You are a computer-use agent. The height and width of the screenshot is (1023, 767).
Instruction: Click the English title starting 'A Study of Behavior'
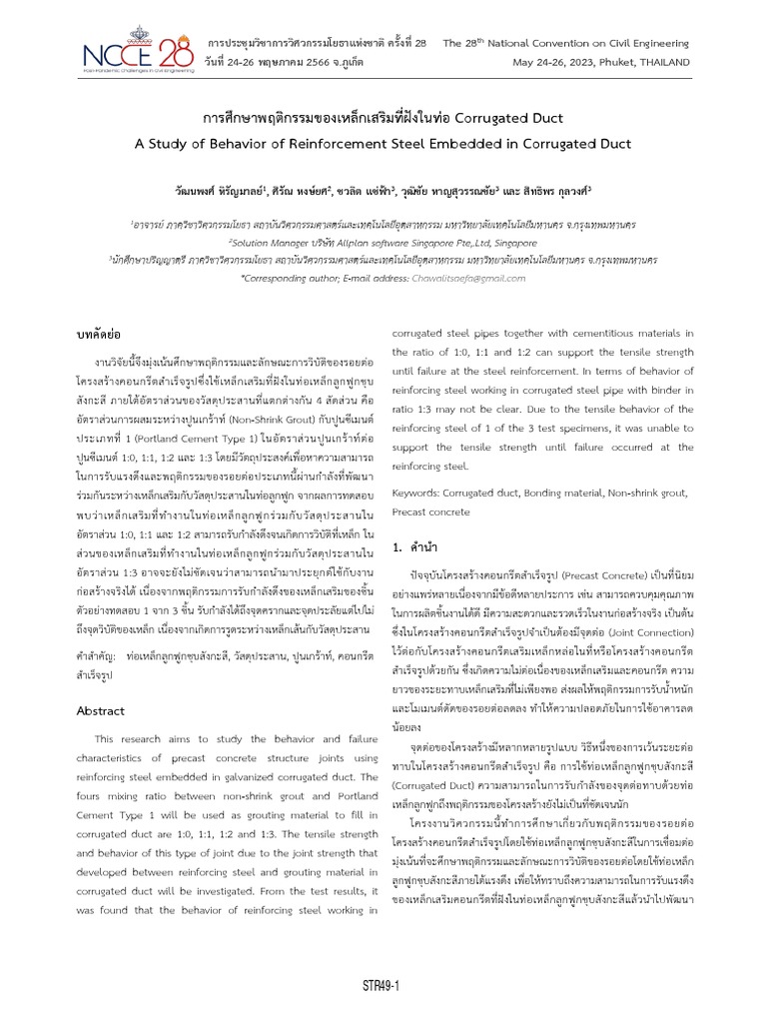[x=383, y=144]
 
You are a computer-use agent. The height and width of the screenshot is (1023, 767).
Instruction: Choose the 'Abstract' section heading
[x=101, y=711]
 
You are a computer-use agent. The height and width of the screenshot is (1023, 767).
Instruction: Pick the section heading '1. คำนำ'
[x=418, y=547]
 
